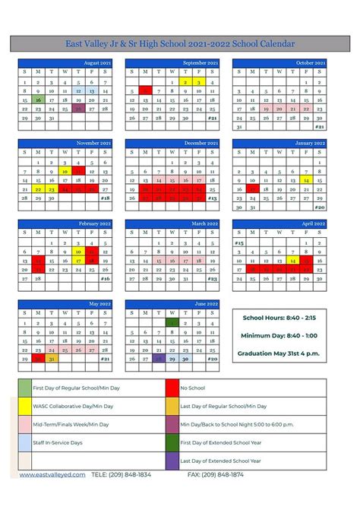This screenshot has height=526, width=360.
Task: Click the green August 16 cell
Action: (38, 100)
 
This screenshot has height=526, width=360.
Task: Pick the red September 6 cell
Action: (145, 90)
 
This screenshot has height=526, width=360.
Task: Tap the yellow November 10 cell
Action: (65, 171)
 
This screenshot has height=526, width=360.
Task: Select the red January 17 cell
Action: (252, 189)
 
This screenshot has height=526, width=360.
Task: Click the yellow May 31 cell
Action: (52, 358)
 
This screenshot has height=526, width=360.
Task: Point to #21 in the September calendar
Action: (212, 118)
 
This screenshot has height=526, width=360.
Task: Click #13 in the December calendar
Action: (212, 198)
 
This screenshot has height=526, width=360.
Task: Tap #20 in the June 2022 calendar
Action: (212, 358)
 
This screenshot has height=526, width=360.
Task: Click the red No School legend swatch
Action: (172, 388)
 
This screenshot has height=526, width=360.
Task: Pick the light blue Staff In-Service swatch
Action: (26, 442)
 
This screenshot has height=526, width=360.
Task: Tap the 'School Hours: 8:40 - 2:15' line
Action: (279, 317)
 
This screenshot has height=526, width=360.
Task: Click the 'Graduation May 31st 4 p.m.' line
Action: (279, 353)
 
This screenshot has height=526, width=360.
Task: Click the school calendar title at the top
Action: (180, 44)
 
